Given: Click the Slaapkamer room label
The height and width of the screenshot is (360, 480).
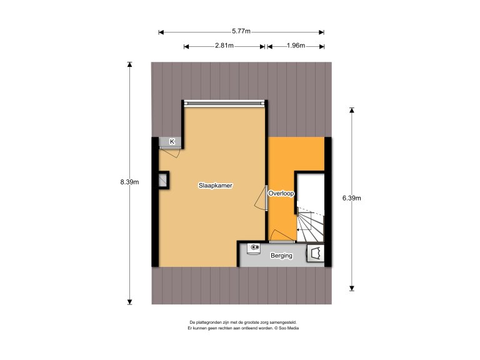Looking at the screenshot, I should [x=216, y=186].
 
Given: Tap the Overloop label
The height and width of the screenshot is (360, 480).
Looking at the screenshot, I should [x=281, y=194].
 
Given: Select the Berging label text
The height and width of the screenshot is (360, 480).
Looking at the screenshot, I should [x=281, y=256].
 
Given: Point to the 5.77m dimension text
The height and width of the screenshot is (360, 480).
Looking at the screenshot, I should [x=241, y=31].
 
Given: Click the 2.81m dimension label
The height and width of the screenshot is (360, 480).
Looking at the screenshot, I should [x=224, y=46].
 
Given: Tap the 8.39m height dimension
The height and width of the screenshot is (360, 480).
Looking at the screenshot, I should [x=129, y=182].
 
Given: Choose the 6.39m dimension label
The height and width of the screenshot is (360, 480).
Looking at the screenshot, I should [x=352, y=198].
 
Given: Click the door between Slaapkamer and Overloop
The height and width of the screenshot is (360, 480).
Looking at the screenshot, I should [x=262, y=198].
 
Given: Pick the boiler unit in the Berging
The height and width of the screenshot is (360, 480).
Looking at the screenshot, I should [x=254, y=249].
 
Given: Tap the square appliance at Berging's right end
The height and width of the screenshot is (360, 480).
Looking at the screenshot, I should [x=316, y=254].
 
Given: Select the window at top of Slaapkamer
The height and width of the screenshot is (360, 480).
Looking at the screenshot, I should [x=225, y=102].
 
